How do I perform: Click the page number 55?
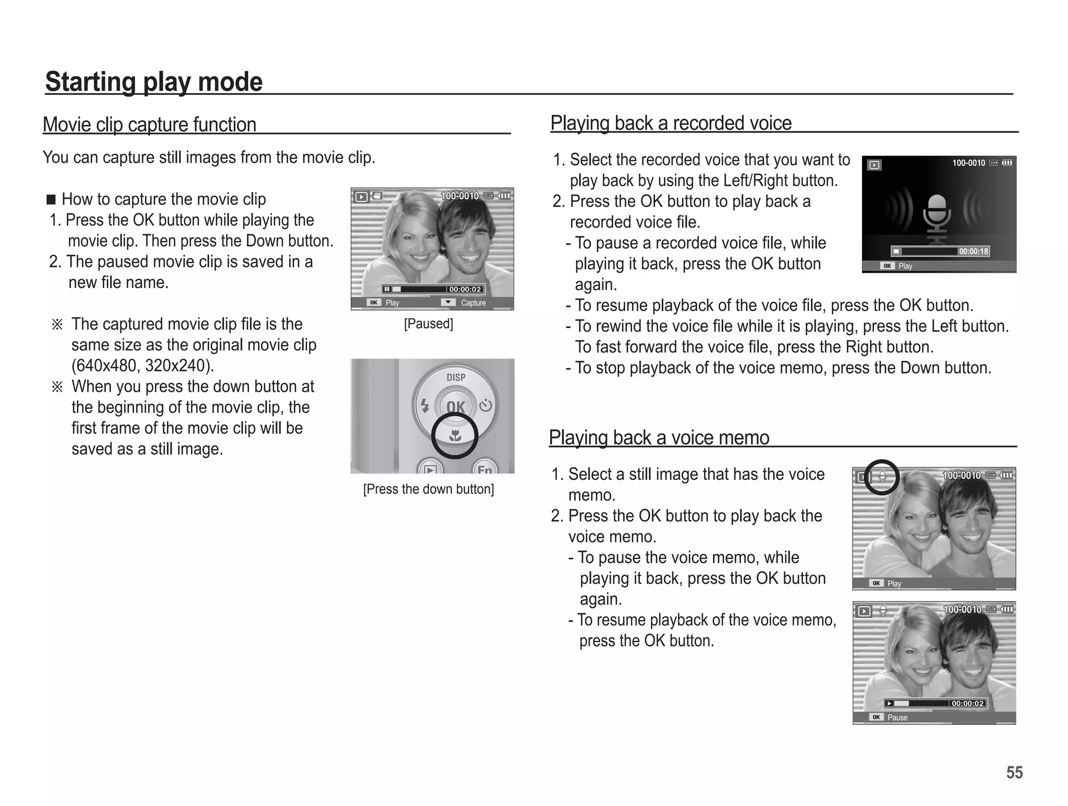point(1014,772)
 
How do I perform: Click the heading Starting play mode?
point(154,82)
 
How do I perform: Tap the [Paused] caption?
point(428,324)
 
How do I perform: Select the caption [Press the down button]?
point(428,489)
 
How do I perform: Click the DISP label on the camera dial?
point(456,377)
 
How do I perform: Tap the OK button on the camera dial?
point(455,407)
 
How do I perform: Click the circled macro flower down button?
point(455,436)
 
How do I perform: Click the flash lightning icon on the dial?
point(425,406)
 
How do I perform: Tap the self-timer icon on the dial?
point(486,405)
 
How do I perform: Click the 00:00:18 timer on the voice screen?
point(973,251)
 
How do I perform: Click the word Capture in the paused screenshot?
point(473,303)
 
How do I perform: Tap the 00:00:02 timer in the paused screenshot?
point(465,289)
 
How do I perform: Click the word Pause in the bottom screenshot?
point(897,718)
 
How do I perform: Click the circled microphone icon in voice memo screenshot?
point(882,476)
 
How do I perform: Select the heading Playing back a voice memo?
point(659,438)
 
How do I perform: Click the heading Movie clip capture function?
point(150,125)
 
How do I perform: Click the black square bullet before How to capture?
point(51,200)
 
